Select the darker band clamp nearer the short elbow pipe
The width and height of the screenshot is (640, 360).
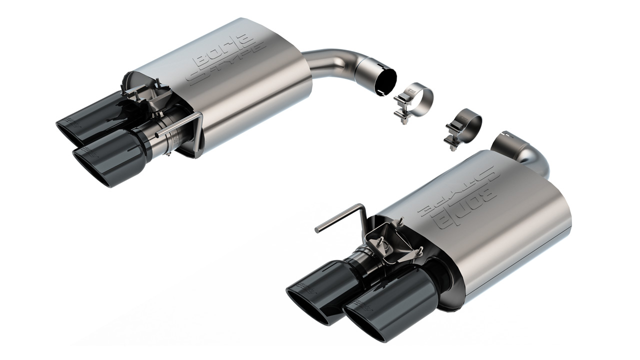click(x=463, y=125)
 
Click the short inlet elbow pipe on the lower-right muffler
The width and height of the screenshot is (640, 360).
click(x=520, y=149)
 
